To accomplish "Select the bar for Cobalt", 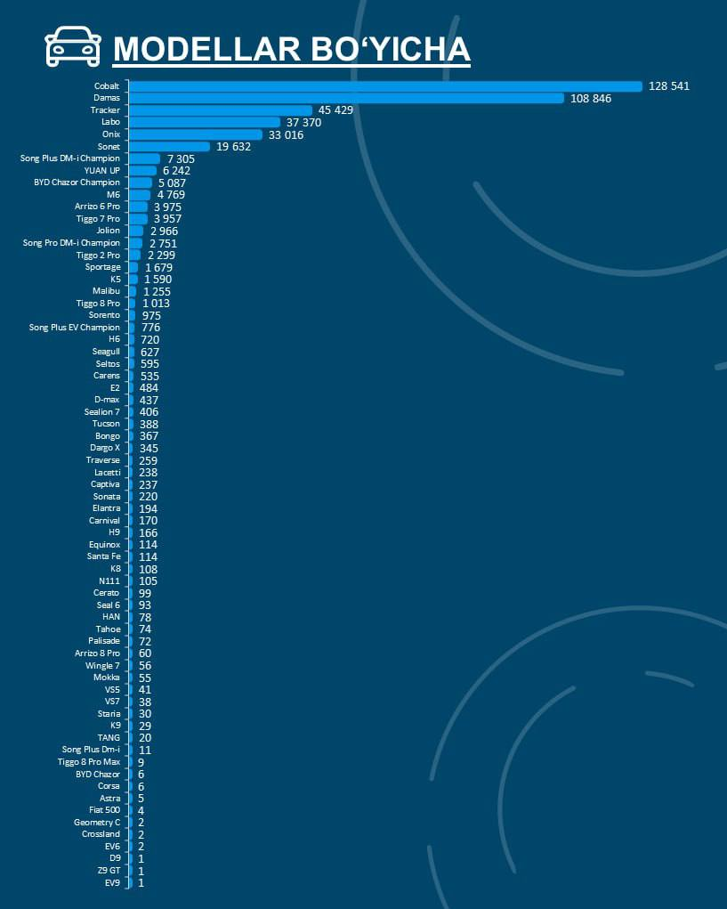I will point(385,86).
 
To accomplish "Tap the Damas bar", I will point(346,98).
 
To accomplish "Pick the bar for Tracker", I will point(221,110).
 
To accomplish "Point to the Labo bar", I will point(205,122).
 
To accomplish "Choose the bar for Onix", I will point(196,134).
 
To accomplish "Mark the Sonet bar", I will point(169,147).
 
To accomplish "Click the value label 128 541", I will point(669,86).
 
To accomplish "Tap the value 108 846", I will point(591,99).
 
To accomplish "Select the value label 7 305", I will point(181,158).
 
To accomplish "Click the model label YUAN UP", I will point(101,170).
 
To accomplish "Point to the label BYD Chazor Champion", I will point(77,183).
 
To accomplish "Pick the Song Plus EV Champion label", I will point(74,328).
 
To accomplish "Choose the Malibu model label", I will point(106,291).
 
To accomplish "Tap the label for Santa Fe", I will point(103,556).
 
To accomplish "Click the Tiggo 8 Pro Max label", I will point(89,762).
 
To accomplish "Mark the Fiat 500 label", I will point(104,810).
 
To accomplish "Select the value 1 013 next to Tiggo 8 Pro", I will point(156,304).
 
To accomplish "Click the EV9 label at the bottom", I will point(112,883).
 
